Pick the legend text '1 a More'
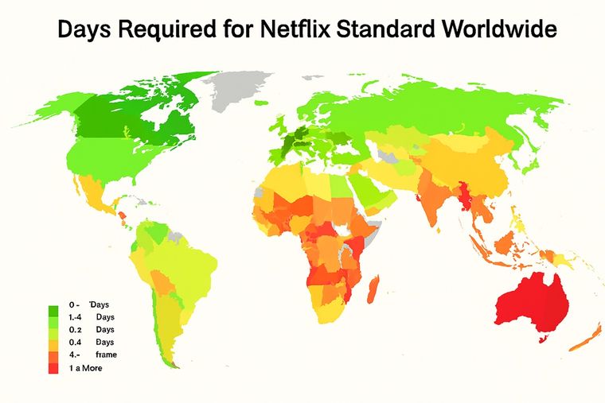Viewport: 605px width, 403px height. [x=85, y=368]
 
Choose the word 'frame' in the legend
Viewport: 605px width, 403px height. [x=105, y=355]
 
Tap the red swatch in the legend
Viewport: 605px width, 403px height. [x=54, y=368]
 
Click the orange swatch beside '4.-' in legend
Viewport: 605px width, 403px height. [x=54, y=355]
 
